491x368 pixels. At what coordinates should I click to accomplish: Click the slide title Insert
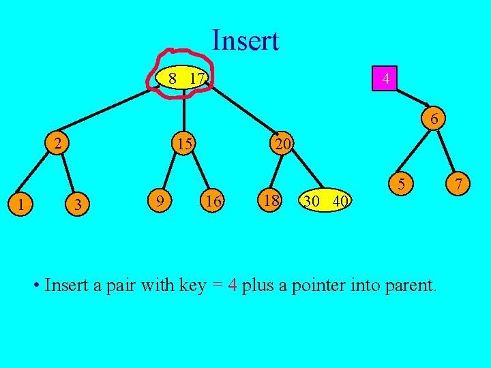pyautogui.click(x=245, y=41)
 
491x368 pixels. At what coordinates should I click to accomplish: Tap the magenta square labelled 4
pyautogui.click(x=386, y=79)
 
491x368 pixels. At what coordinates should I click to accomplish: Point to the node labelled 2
pyautogui.click(x=60, y=143)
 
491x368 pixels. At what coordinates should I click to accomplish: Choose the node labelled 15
pyautogui.click(x=183, y=144)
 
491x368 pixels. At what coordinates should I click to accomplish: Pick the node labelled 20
pyautogui.click(x=281, y=144)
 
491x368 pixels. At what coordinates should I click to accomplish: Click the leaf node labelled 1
pyautogui.click(x=22, y=203)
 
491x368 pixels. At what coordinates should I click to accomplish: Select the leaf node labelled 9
pyautogui.click(x=158, y=201)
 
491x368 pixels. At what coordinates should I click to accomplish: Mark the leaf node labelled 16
pyautogui.click(x=213, y=201)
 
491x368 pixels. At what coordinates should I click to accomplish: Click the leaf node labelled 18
pyautogui.click(x=271, y=201)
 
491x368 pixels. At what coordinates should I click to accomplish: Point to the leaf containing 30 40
pyautogui.click(x=326, y=201)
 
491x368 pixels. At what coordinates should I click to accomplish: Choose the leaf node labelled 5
pyautogui.click(x=402, y=183)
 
